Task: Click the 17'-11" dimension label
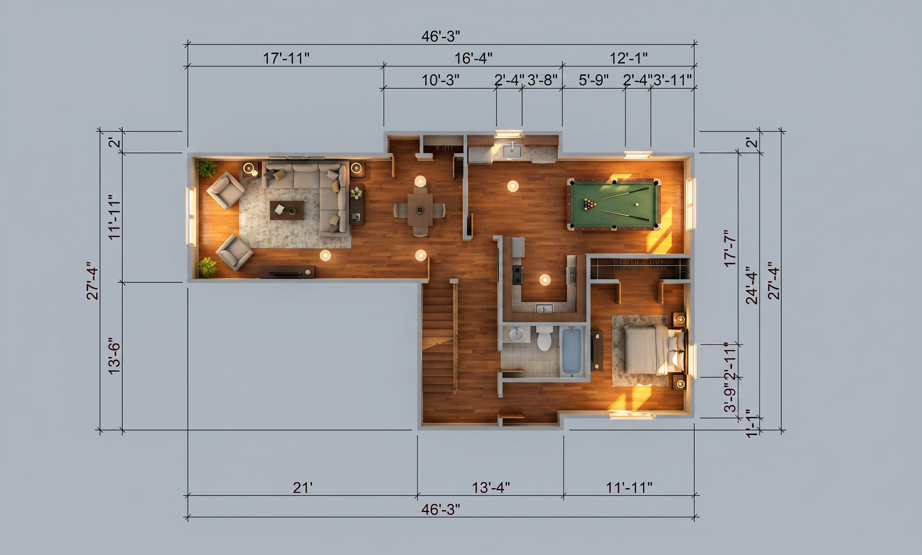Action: click(x=286, y=58)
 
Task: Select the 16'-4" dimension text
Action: click(x=473, y=58)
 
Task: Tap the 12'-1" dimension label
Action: click(x=629, y=58)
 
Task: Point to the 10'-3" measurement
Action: click(x=441, y=80)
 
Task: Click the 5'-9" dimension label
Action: click(x=594, y=80)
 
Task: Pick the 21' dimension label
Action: click(x=302, y=488)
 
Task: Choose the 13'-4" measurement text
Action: click(x=491, y=488)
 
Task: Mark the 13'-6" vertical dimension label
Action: click(x=115, y=356)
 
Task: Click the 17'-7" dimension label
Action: click(x=730, y=248)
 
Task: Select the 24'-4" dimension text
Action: click(x=752, y=285)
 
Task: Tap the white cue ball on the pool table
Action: click(x=637, y=205)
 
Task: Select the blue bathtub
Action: click(x=572, y=351)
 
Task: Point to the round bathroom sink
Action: click(x=517, y=334)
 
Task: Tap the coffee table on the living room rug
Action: click(x=287, y=210)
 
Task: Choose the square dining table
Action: click(x=420, y=210)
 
